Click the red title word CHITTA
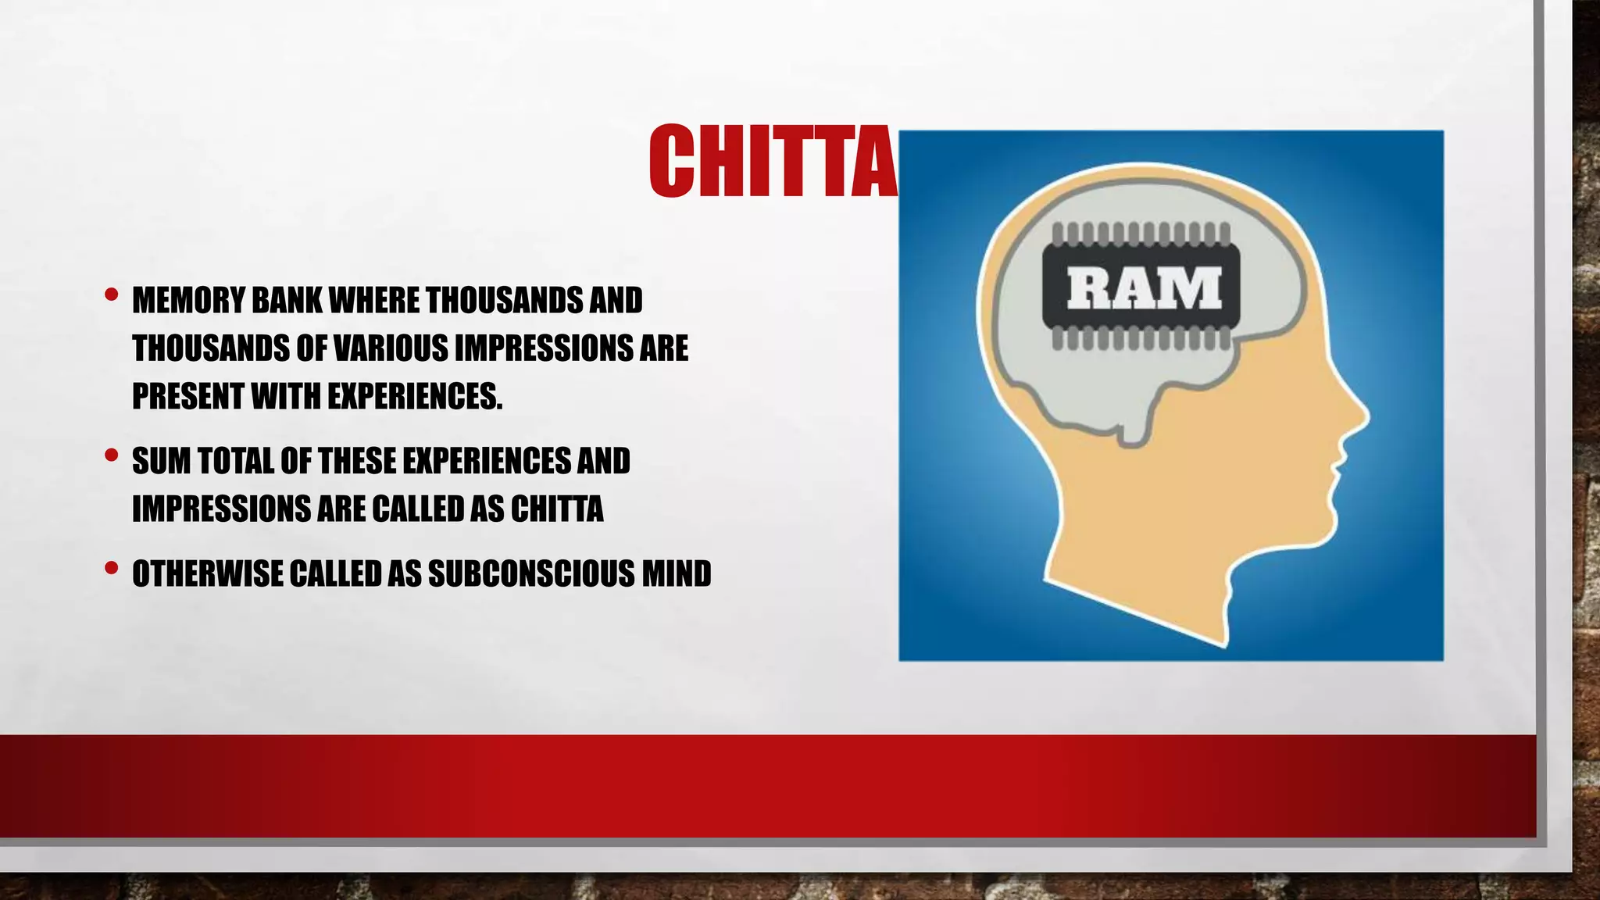pos(773,162)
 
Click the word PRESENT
pos(187,397)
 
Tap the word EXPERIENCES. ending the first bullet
pos(415,397)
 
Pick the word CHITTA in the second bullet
pos(557,509)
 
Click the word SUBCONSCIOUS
pos(530,573)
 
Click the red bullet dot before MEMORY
pos(111,295)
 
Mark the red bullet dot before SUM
pos(111,455)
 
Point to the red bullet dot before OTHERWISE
pos(111,568)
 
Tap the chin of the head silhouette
pos(1320,531)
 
